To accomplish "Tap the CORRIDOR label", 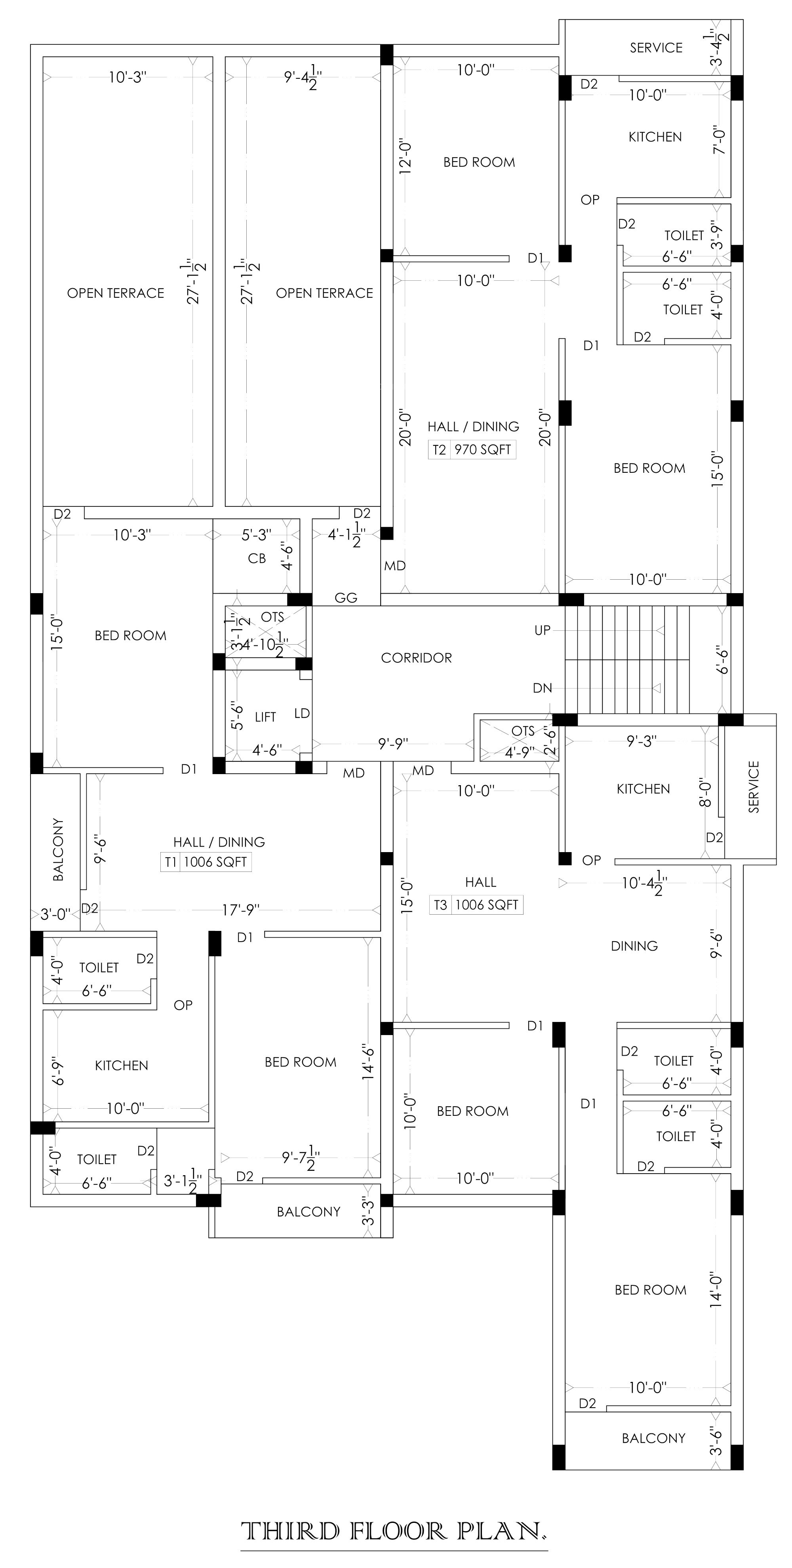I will coord(416,658).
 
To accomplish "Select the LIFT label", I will coord(265,717).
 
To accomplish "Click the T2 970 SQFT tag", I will coord(472,450).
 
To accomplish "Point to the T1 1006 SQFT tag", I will coord(206,862).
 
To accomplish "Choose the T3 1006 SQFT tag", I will coord(476,905).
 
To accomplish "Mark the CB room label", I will coord(257,558).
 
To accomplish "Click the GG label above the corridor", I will coord(346,598).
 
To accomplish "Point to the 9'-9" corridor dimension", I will coord(393,744).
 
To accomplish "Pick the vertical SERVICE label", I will coord(754,787).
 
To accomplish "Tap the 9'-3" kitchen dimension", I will coord(642,741).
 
